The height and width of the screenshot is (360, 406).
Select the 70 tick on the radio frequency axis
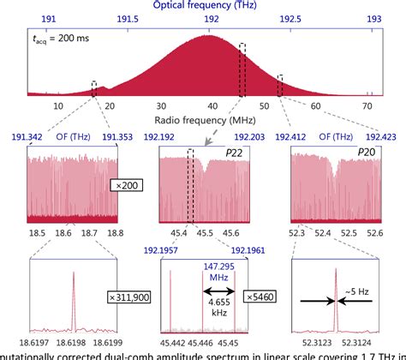(367, 105)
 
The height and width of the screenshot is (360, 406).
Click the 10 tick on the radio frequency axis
(58, 105)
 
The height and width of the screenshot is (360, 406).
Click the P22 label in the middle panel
(234, 152)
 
